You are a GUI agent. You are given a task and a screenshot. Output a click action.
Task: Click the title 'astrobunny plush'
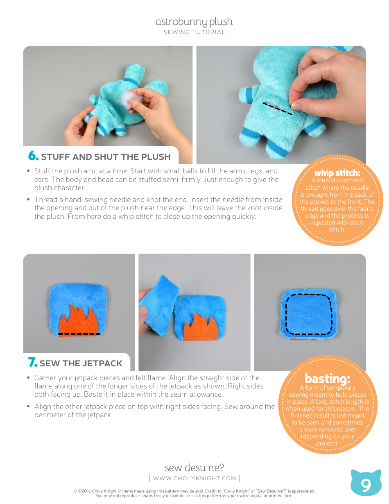194,22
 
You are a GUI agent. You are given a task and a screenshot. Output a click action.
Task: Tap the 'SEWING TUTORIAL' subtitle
194,32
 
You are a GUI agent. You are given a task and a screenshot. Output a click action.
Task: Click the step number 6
33,156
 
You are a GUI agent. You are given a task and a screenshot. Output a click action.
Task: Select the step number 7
32,363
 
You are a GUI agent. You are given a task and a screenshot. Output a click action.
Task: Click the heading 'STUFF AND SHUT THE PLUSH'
106,157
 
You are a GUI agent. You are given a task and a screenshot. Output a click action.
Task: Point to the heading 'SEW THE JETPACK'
81,363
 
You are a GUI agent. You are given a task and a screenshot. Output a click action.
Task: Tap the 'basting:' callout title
327,378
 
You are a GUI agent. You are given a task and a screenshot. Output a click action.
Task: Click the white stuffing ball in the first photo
133,100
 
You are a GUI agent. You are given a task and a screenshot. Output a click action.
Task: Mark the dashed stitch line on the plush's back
277,108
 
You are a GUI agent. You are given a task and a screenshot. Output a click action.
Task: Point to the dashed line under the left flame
79,334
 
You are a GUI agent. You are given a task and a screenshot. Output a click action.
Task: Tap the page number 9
366,486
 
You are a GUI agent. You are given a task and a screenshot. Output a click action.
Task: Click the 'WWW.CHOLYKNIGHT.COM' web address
194,478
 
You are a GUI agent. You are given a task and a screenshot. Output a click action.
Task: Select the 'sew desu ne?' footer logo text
194,468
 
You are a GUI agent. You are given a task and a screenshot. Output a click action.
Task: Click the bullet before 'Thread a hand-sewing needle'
29,200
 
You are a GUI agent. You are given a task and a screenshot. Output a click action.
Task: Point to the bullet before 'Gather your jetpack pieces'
29,378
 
